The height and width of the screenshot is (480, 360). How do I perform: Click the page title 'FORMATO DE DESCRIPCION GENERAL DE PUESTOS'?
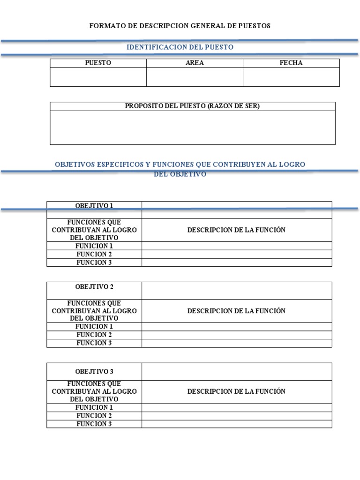180,26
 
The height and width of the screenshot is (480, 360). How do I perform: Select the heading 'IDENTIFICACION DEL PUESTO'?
180,47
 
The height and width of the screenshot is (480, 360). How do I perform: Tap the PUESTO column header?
98,63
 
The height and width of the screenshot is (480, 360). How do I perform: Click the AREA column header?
195,63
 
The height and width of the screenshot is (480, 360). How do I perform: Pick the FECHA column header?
291,63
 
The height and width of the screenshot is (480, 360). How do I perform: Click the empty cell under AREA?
195,77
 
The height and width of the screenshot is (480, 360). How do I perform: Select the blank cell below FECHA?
291,77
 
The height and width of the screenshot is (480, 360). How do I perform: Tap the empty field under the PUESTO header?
98,77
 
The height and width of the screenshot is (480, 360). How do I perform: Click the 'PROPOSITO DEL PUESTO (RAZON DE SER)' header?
192,106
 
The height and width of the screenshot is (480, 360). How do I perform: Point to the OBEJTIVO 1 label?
94,205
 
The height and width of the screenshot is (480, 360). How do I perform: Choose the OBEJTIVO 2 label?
94,286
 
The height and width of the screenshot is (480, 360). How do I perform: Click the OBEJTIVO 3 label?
94,372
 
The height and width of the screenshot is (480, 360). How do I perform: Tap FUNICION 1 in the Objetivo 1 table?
94,246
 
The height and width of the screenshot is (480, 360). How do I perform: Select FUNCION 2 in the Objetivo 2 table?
94,335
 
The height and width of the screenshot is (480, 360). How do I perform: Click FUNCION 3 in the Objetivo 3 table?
94,424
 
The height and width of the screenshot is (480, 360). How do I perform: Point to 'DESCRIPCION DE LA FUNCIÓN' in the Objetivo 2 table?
236,311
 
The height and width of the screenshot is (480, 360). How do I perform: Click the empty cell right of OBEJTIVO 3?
237,372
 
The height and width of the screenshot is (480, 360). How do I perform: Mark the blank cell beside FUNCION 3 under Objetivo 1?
237,262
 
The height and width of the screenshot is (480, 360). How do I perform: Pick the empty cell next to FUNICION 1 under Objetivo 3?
237,407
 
